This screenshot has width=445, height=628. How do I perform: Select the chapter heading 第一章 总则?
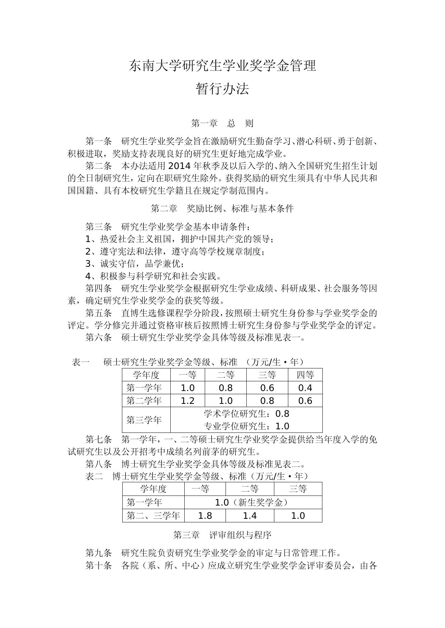coord(222,124)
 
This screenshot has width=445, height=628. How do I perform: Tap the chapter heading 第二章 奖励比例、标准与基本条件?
coord(222,208)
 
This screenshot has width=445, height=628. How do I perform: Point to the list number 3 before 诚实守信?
coord(89,264)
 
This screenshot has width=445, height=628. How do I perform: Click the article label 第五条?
coord(99,313)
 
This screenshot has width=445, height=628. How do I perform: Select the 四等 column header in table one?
coord(305,375)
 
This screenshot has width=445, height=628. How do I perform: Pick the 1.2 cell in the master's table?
coord(188,401)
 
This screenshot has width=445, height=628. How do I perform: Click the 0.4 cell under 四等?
coord(305,388)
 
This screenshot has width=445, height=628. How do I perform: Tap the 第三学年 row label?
coord(144,420)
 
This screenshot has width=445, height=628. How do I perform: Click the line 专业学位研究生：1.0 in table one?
coord(246,426)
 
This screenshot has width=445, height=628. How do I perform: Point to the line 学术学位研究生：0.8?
coord(246,414)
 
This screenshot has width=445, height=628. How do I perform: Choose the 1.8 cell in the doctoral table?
coord(205,516)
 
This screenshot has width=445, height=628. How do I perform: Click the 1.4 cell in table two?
coord(250,516)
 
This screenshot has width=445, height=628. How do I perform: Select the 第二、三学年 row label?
coord(153,516)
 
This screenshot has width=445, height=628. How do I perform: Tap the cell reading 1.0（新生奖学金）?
coord(252,502)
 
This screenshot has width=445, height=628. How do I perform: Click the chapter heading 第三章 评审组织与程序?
coord(222,535)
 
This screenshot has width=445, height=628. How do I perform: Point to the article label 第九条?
coord(99,553)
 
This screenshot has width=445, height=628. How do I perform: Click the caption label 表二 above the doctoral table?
coord(94,476)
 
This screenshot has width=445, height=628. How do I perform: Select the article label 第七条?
coord(99,439)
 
